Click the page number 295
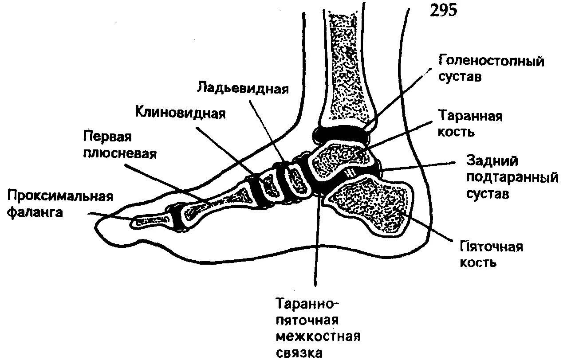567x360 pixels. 443,10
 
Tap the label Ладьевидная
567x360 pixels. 243,88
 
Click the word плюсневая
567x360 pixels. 119,153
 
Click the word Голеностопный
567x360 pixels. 491,60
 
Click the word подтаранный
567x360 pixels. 511,177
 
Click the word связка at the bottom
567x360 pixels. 299,353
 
